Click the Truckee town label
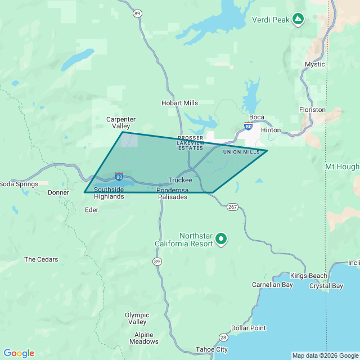180,180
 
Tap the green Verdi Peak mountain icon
299,20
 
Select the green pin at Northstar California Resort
221,239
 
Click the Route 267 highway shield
233,207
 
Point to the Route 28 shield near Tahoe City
223,337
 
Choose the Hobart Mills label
180,103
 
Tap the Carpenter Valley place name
121,123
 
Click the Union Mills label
241,152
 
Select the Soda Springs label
19,184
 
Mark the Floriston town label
312,110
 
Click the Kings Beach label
309,276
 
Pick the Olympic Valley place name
137,318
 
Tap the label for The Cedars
41,259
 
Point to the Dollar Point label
249,328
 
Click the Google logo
19,353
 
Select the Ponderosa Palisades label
172,193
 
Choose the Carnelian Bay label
273,285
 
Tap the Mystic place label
315,64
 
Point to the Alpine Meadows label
144,338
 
